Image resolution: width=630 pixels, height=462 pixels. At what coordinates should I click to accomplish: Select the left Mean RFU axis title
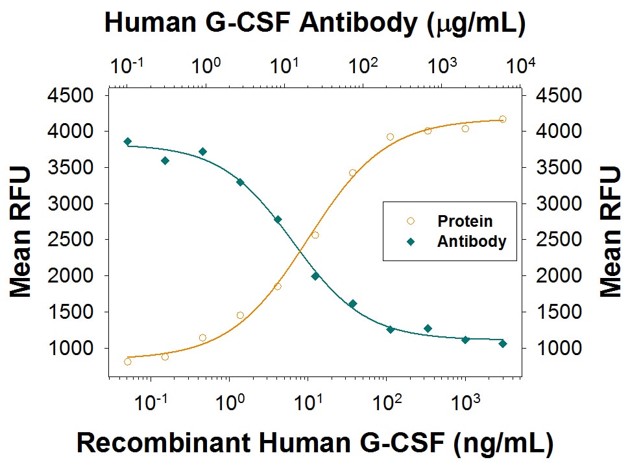pyautogui.click(x=21, y=231)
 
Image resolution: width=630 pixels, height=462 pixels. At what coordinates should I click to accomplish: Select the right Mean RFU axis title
pyautogui.click(x=609, y=231)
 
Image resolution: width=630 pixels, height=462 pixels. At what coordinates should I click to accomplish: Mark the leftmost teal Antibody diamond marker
pyautogui.click(x=128, y=141)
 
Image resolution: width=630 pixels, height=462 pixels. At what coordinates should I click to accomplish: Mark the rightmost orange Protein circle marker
pyautogui.click(x=503, y=119)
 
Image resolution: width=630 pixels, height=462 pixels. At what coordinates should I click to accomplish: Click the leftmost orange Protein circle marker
pyautogui.click(x=128, y=362)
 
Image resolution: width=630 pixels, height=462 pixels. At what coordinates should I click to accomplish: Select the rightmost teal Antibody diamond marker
pyautogui.click(x=503, y=343)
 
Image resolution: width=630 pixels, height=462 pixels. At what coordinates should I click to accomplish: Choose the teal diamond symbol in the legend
pyautogui.click(x=410, y=242)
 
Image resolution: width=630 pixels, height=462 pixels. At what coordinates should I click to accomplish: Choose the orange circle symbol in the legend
pyautogui.click(x=410, y=222)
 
